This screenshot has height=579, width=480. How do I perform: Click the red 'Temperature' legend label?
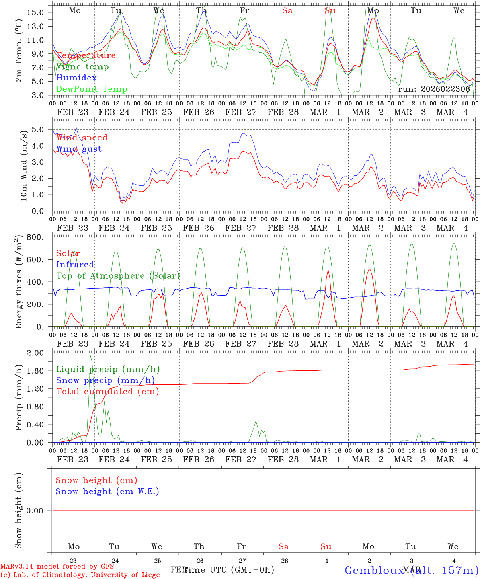[86, 55]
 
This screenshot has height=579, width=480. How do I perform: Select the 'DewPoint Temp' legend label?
[92, 89]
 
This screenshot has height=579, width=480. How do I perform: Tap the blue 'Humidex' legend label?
[76, 78]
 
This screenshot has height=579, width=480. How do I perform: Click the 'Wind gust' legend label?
[79, 149]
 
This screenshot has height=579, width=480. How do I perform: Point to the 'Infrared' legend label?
[75, 265]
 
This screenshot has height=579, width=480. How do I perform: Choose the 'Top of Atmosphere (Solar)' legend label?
[118, 276]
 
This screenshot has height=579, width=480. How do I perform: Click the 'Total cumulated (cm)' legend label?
[108, 392]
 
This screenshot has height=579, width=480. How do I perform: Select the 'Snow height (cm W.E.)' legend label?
[107, 491]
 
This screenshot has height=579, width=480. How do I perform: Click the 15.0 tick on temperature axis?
[35, 12]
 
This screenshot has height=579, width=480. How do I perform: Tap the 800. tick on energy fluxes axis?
[35, 237]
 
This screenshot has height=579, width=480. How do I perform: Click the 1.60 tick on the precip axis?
[35, 371]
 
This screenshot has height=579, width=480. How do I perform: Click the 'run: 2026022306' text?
[434, 89]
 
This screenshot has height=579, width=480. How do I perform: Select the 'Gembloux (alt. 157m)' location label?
[411, 570]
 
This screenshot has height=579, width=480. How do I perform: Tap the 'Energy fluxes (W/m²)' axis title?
[18, 283]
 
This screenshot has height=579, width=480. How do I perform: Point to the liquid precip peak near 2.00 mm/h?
[90, 356]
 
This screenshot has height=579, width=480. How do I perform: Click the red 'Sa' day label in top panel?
[287, 11]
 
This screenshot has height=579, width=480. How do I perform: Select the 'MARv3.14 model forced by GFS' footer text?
[57, 567]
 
